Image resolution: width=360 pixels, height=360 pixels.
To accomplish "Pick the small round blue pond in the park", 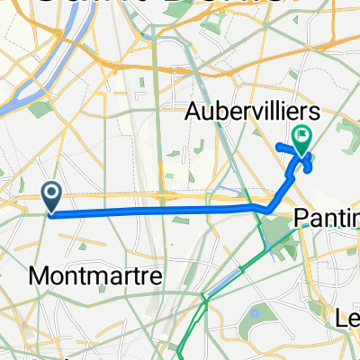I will [x=255, y=314].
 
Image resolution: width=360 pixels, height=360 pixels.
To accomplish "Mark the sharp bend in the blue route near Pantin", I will [x=267, y=211].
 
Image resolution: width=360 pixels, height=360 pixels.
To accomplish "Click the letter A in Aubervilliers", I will [x=193, y=112].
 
